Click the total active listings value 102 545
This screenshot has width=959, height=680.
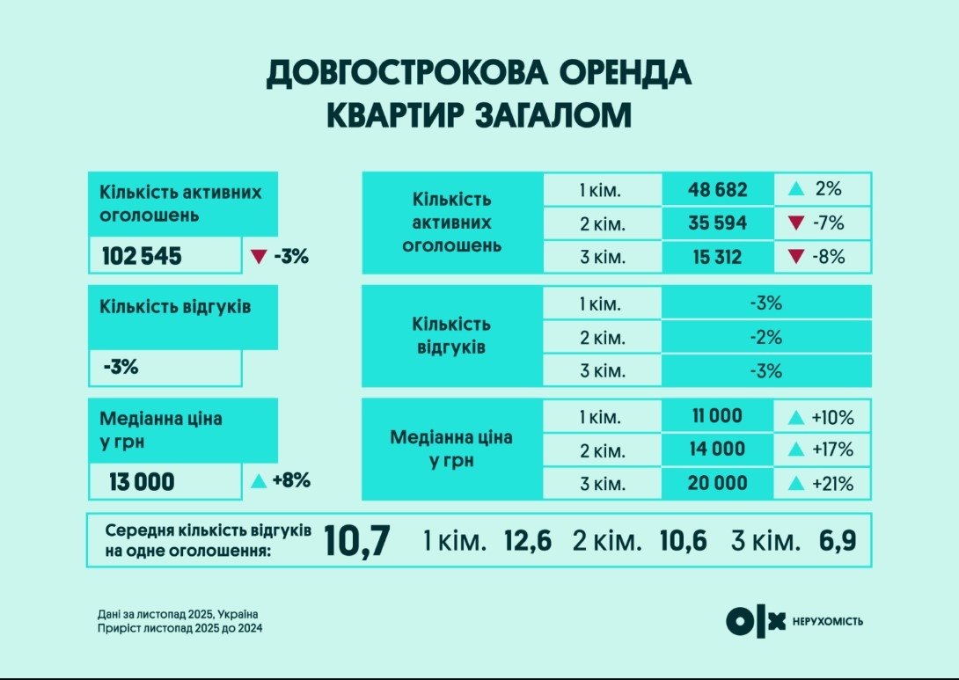[x=142, y=257]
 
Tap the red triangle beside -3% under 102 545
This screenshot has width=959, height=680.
[x=259, y=257]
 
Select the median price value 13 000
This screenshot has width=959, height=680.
[x=143, y=482]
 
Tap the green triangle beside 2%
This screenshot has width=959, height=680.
[x=796, y=189]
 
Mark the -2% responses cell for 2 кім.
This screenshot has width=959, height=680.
[x=765, y=337]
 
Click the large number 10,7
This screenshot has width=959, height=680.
[x=356, y=541]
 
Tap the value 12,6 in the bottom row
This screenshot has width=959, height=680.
[x=527, y=541]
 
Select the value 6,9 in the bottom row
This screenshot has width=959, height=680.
[x=837, y=541]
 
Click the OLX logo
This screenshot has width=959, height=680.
[x=755, y=621]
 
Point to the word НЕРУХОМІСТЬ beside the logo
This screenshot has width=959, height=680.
[x=828, y=621]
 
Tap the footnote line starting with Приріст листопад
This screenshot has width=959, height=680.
[x=180, y=628]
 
